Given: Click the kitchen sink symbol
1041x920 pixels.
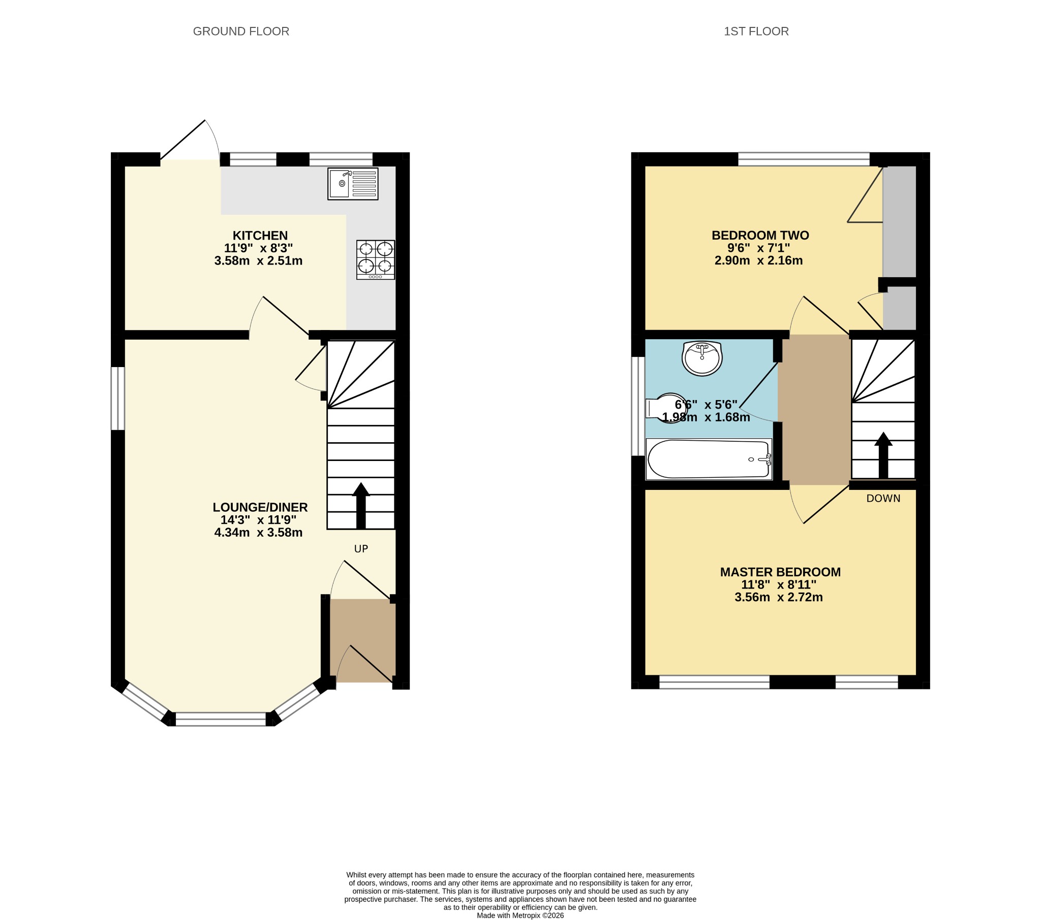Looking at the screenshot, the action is [x=353, y=184].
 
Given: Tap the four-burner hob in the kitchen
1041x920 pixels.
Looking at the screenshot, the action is [x=376, y=260].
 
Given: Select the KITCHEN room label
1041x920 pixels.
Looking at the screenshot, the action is [x=260, y=236].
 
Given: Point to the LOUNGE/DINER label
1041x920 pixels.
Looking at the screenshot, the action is [x=260, y=507].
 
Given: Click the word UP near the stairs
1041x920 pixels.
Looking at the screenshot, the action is [x=361, y=548].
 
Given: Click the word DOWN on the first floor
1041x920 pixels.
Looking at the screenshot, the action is [x=883, y=499].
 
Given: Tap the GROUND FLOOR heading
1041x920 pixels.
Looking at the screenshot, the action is [x=241, y=31].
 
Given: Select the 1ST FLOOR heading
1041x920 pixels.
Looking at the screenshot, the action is [x=756, y=31].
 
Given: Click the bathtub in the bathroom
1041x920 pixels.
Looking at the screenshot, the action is [x=709, y=459].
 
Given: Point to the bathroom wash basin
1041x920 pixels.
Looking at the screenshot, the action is [x=702, y=358].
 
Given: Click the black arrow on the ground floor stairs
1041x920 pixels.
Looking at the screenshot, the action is [x=361, y=505].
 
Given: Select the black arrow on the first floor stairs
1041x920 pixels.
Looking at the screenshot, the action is [x=883, y=455].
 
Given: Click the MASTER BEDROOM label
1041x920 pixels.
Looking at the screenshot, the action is [x=780, y=572].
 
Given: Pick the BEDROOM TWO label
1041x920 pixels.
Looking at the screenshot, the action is [x=760, y=236].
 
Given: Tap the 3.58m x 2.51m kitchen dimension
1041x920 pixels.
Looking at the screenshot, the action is [x=259, y=261].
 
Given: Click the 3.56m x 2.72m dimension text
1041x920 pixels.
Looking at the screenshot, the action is [x=779, y=598].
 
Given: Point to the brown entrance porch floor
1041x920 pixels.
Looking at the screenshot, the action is [x=362, y=641].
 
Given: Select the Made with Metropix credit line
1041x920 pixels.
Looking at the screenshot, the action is [x=520, y=915].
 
